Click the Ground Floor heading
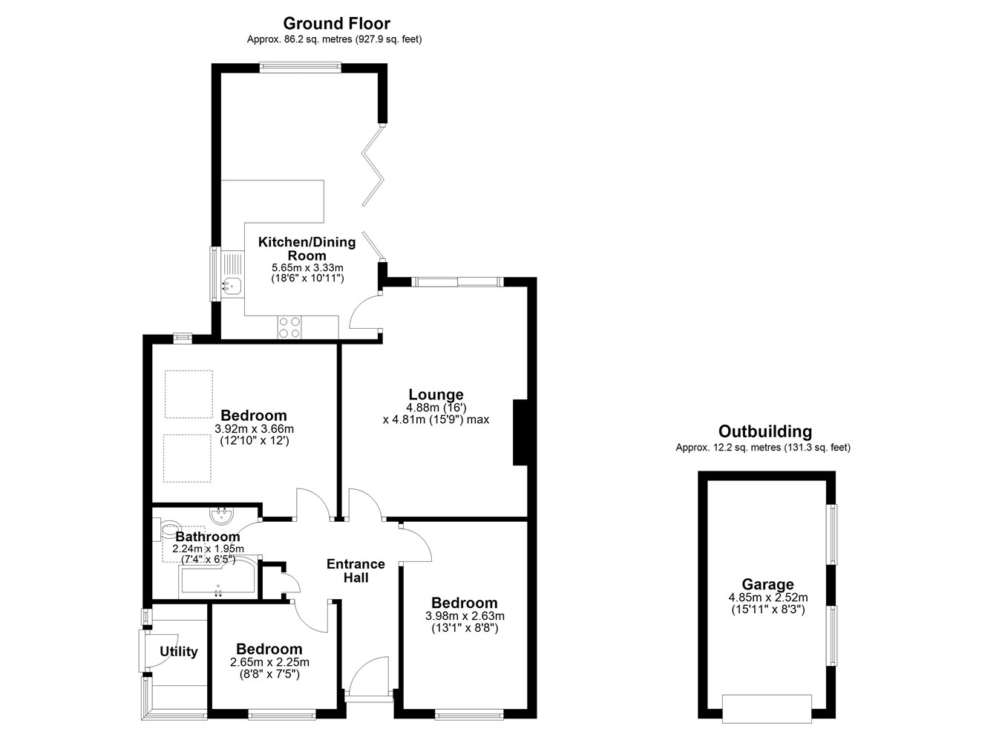(336, 23)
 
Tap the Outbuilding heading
(765, 431)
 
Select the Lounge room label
(436, 394)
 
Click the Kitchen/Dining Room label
(307, 249)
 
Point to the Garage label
(767, 584)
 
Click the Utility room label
(178, 652)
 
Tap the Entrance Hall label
(356, 571)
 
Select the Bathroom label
(208, 536)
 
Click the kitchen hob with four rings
(289, 327)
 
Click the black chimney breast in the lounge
(520, 432)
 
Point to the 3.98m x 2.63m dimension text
(465, 615)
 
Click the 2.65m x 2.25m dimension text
(269, 662)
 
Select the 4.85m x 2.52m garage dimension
(768, 598)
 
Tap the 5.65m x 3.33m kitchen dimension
(308, 267)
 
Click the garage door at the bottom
(767, 708)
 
